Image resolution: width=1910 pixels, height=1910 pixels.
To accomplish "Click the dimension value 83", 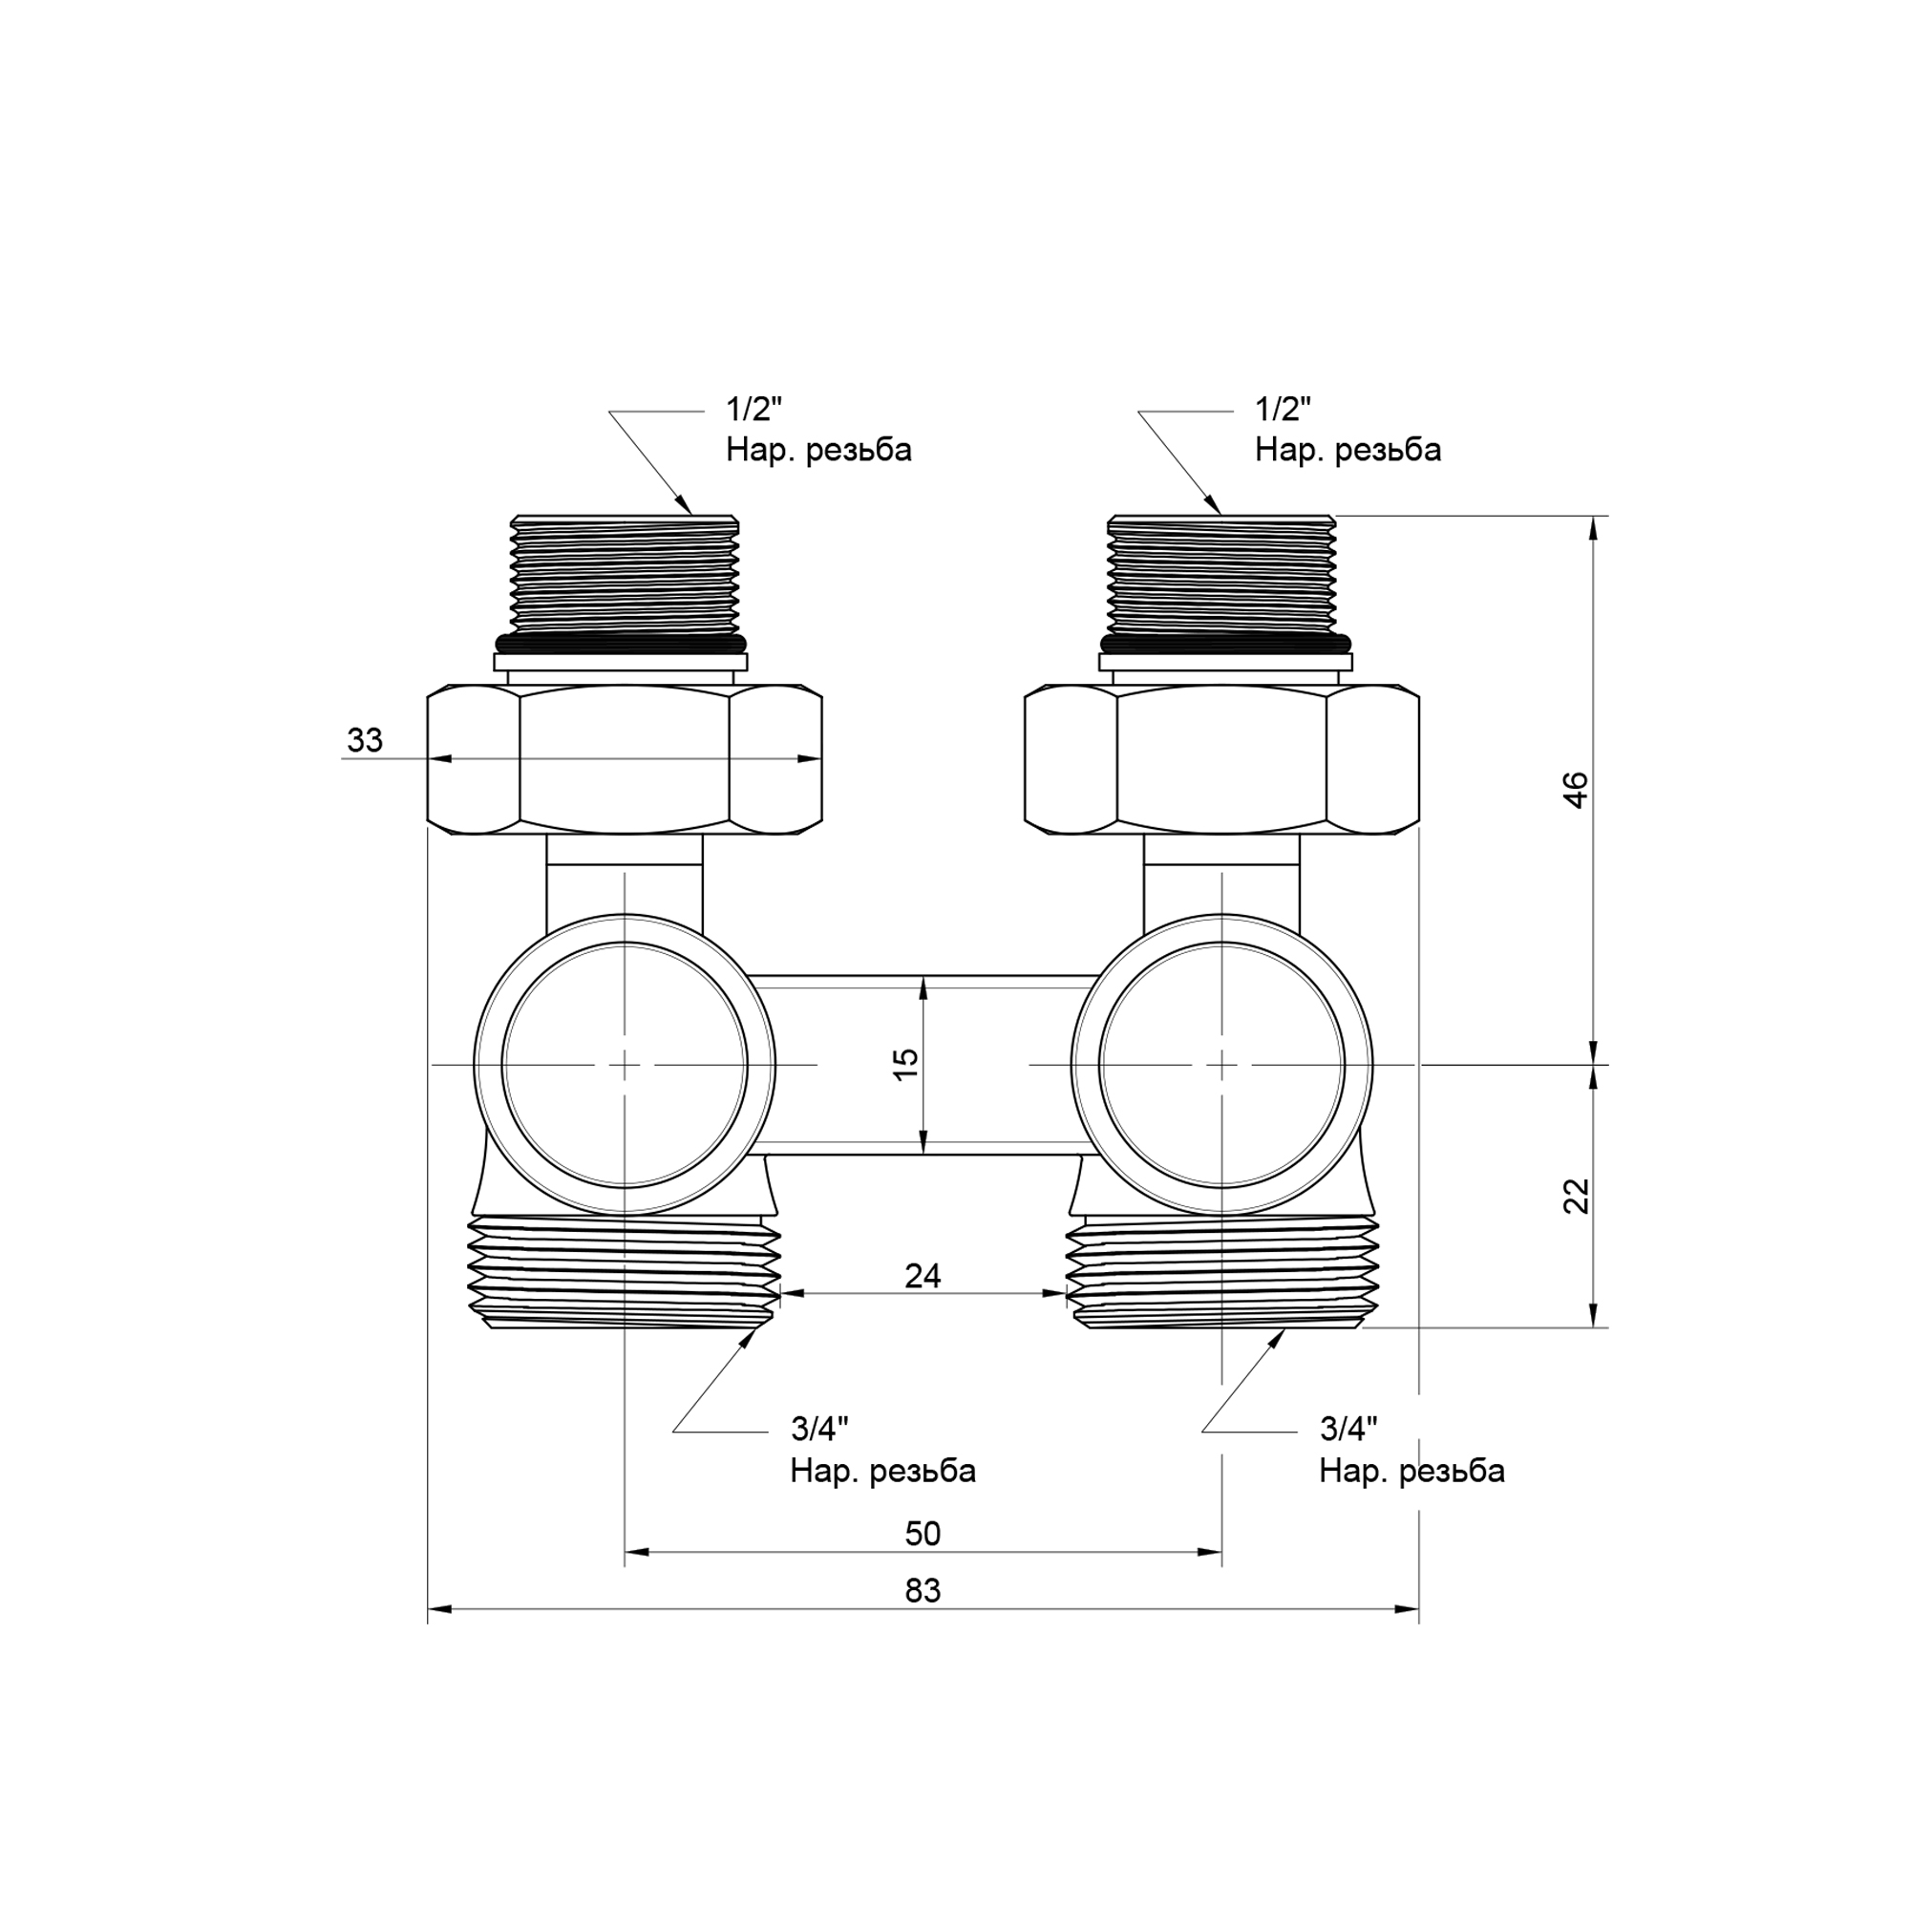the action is coord(923,1591).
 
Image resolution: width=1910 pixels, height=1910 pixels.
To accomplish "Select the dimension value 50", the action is coord(923,1534).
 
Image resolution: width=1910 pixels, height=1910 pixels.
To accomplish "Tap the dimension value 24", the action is coord(923,1276).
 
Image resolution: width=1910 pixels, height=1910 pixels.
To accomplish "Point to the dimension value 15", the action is coord(905,1064).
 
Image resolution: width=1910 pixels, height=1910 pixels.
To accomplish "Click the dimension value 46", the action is coord(1576,790).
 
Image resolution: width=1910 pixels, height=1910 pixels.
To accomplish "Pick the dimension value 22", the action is coord(1576,1196).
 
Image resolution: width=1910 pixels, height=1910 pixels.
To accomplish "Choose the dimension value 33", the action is coord(365,739).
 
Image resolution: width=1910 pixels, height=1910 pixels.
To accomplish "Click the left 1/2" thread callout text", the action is coord(818,429).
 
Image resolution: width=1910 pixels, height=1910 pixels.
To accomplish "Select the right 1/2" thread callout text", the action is coord(1348,429).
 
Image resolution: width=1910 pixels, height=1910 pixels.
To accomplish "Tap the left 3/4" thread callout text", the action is coord(882,1451).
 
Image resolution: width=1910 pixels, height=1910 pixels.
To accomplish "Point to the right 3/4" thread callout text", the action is coord(1411,1451).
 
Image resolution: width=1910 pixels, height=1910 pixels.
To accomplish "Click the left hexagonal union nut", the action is coord(625,760).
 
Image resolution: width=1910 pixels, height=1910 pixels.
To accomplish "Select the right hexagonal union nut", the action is coord(1222,760).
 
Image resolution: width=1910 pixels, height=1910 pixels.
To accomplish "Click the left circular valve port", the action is coord(625,1065).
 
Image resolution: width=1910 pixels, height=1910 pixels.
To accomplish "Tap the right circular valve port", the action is coord(1222,1065).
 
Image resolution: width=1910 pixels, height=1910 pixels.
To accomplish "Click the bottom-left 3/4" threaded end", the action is coord(624,1271).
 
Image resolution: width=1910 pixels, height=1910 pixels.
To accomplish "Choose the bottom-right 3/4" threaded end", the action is coord(1222,1271).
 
